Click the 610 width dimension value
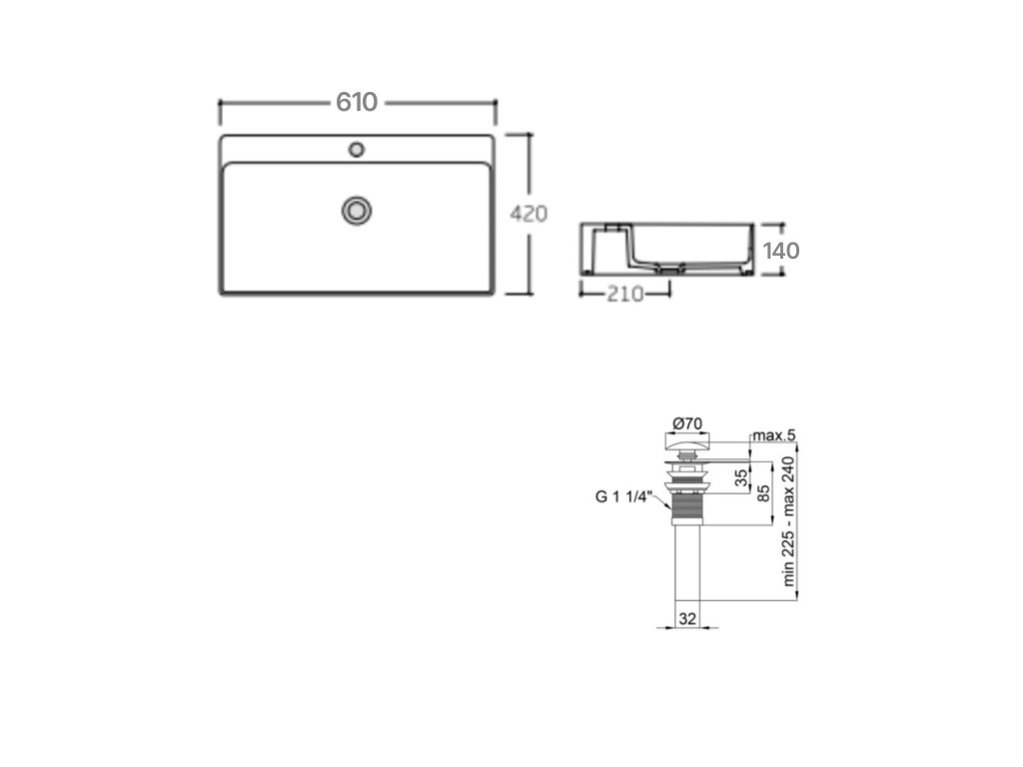[357, 102]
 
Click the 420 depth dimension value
[528, 214]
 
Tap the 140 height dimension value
[781, 251]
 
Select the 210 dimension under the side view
[625, 295]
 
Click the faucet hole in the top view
[357, 150]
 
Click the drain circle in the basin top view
[357, 210]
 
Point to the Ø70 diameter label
[687, 423]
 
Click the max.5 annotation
[774, 435]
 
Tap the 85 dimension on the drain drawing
[763, 493]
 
